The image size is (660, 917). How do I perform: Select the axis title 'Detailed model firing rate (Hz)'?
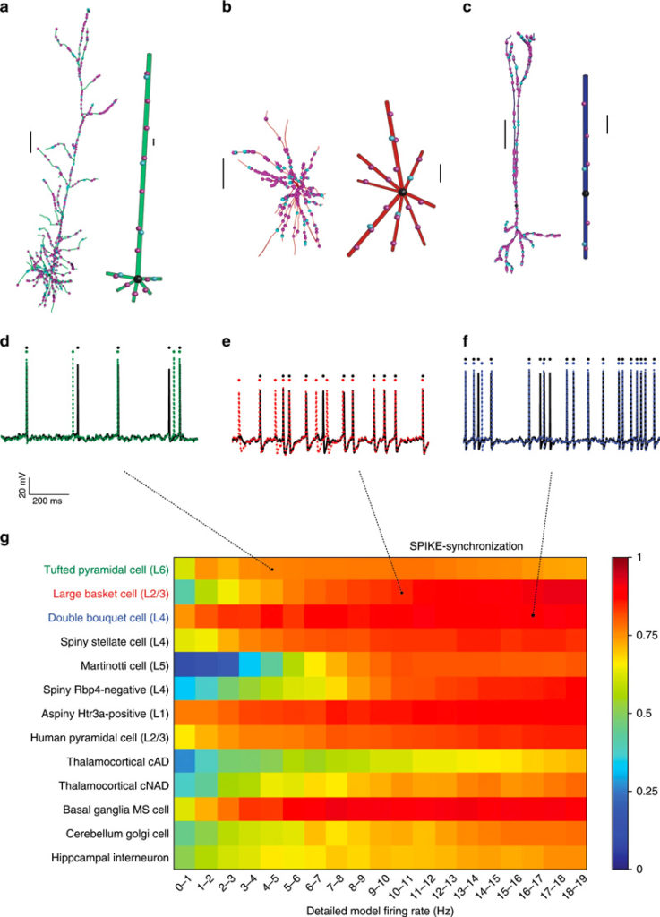[381, 909]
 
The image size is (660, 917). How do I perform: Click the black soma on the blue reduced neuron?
[585, 193]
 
